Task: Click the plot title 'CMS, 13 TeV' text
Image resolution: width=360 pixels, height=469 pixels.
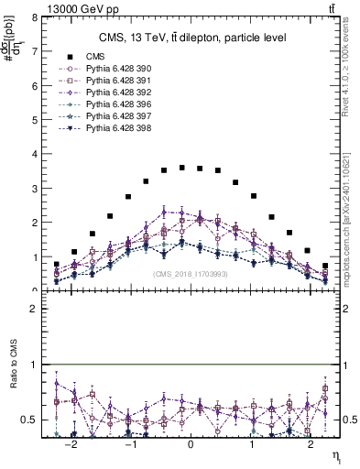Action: tap(193, 38)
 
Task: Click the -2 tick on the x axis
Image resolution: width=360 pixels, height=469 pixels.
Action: tap(72, 445)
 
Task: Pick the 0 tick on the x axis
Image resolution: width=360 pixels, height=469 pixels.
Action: tap(191, 445)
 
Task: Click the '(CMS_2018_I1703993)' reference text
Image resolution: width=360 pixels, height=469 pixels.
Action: tap(190, 273)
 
